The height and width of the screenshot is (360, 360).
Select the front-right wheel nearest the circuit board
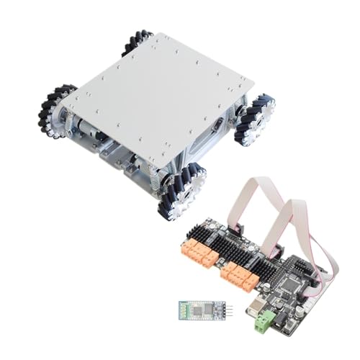182,189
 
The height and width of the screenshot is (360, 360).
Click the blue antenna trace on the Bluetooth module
184,311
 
